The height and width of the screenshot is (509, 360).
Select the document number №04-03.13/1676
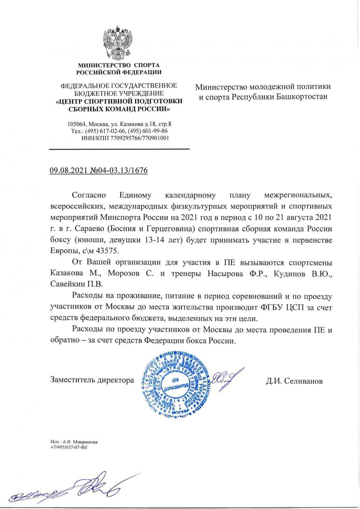click(119, 170)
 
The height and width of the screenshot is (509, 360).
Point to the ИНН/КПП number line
click(125, 138)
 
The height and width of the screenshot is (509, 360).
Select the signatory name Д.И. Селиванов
click(294, 381)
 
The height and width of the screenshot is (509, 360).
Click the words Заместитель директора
click(92, 380)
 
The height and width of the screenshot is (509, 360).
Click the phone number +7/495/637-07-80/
click(69, 447)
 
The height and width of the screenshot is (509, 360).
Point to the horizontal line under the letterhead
click(119, 149)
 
